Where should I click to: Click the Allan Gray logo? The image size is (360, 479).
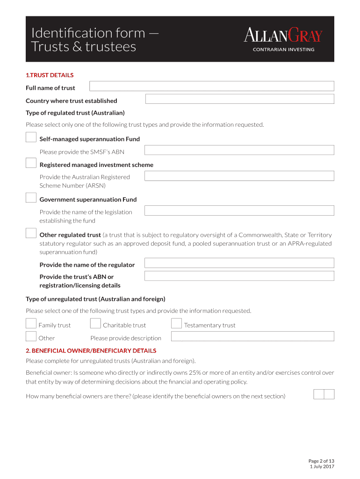(283, 39)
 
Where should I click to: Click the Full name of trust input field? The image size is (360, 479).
(211, 86)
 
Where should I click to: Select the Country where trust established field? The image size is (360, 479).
(239, 99)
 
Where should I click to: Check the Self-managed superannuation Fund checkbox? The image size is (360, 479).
(31, 138)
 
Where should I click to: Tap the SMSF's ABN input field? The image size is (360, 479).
(239, 150)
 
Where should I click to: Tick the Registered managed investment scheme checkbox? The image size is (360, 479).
(31, 163)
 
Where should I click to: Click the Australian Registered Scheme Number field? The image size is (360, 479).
(239, 176)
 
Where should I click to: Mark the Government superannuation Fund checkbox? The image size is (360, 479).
(31, 198)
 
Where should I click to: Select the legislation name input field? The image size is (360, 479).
(239, 210)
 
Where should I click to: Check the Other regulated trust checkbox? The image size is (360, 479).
(31, 233)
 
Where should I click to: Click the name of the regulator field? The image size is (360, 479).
(239, 263)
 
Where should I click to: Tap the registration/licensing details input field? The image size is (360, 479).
(239, 276)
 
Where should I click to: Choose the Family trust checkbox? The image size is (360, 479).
(31, 324)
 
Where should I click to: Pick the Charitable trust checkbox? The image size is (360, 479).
(95, 324)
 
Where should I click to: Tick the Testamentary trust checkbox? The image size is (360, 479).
(176, 324)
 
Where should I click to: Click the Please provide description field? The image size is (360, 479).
(252, 336)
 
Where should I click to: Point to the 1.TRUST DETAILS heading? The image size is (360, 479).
(50, 75)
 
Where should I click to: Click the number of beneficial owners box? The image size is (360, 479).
(324, 394)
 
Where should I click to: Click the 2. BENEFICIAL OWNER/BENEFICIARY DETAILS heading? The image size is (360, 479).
(91, 351)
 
